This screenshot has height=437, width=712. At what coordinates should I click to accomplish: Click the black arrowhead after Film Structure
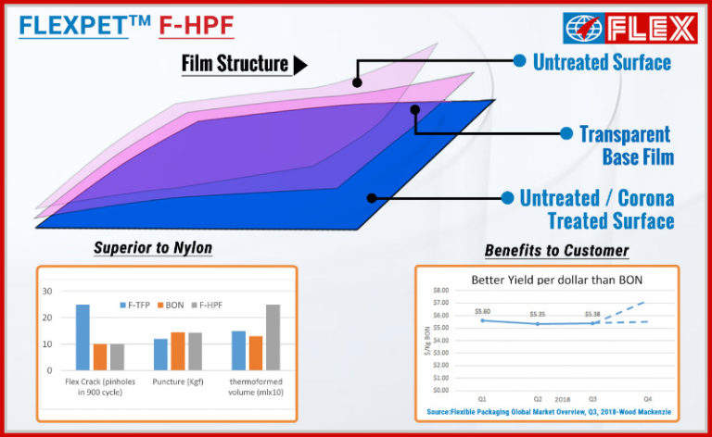pyautogui.click(x=299, y=65)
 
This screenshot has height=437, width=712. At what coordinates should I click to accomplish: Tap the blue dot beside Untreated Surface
pyautogui.click(x=519, y=60)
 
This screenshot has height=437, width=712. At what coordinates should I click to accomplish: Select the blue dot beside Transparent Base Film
pyautogui.click(x=566, y=133)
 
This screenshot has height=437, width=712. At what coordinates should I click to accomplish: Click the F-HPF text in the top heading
pyautogui.click(x=197, y=25)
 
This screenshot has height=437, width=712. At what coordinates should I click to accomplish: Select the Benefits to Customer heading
pyautogui.click(x=555, y=250)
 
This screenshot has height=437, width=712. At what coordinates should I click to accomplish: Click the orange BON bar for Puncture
pyautogui.click(x=178, y=351)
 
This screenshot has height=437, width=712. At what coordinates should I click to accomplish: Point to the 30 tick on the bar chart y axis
pyautogui.click(x=46, y=291)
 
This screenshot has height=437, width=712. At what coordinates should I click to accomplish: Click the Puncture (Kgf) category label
pyautogui.click(x=177, y=381)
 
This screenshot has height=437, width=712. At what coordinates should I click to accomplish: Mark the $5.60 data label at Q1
pyautogui.click(x=481, y=311)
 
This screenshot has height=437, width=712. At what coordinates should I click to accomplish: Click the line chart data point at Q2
pyautogui.click(x=537, y=324)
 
